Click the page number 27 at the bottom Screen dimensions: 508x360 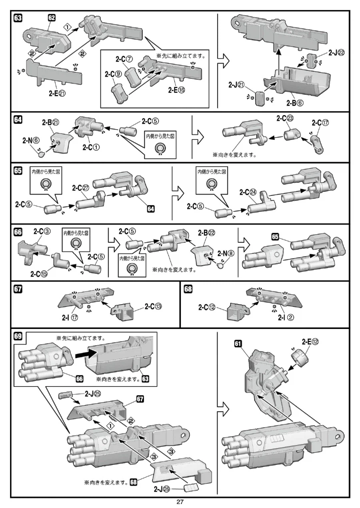tap(180, 502)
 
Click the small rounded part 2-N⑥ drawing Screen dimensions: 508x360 tap(41, 151)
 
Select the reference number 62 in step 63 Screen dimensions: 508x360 tap(52, 18)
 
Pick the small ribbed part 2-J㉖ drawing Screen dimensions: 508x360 tap(192, 488)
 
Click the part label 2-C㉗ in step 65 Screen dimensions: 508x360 tap(82, 187)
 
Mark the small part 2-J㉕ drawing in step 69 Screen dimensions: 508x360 tap(65, 396)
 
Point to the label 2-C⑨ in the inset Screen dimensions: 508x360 tap(113, 74)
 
